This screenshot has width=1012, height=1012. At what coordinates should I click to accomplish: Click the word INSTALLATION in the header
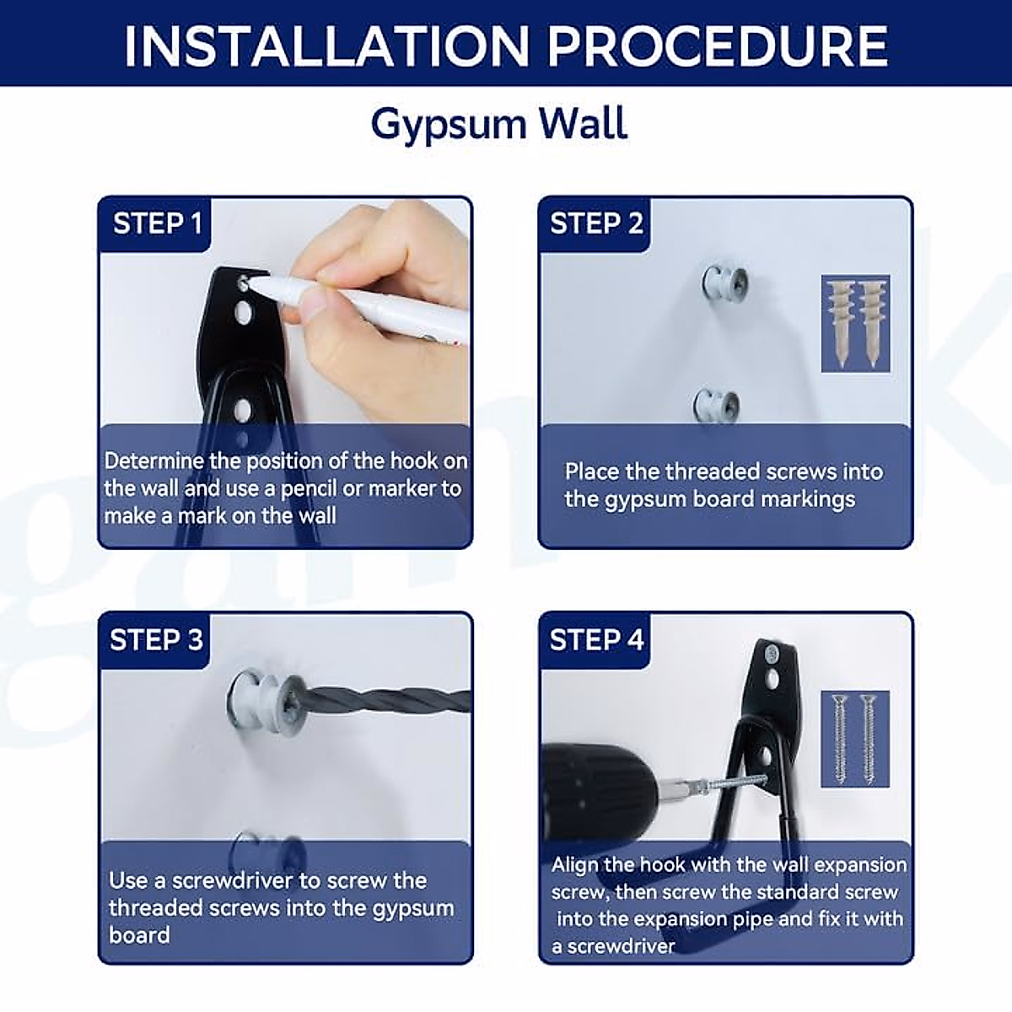click(326, 46)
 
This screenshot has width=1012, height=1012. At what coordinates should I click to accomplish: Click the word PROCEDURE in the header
click(718, 46)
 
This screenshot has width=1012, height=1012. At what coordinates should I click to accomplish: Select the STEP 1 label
click(157, 223)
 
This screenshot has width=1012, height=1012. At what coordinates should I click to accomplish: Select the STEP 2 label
click(596, 223)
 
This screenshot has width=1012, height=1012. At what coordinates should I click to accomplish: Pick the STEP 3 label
click(156, 640)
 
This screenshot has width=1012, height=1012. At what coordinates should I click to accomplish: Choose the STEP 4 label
click(596, 640)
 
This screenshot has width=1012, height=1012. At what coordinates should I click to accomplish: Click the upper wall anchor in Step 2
click(724, 282)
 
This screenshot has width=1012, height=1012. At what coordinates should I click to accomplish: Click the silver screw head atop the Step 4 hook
click(771, 654)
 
